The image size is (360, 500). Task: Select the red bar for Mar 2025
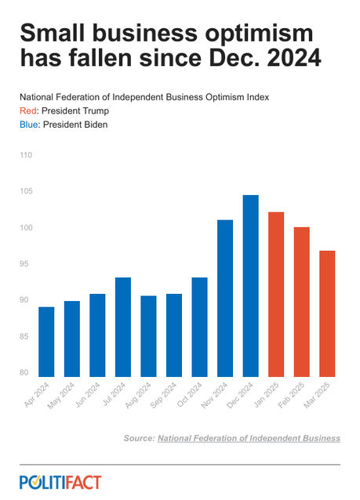point(327,313)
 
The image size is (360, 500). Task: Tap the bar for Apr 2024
point(46,342)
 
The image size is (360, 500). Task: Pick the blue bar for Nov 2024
point(225,299)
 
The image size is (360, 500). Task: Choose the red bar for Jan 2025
point(276,295)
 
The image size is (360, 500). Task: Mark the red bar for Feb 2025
point(301,302)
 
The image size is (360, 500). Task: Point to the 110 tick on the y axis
point(25,155)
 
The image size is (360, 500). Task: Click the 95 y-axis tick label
point(26,264)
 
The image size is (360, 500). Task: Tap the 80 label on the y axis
point(26,373)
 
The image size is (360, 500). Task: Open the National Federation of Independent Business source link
point(249,437)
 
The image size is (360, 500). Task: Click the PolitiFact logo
point(60,482)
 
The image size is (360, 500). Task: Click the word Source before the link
point(138,437)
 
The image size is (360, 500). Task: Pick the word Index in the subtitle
point(256,96)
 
